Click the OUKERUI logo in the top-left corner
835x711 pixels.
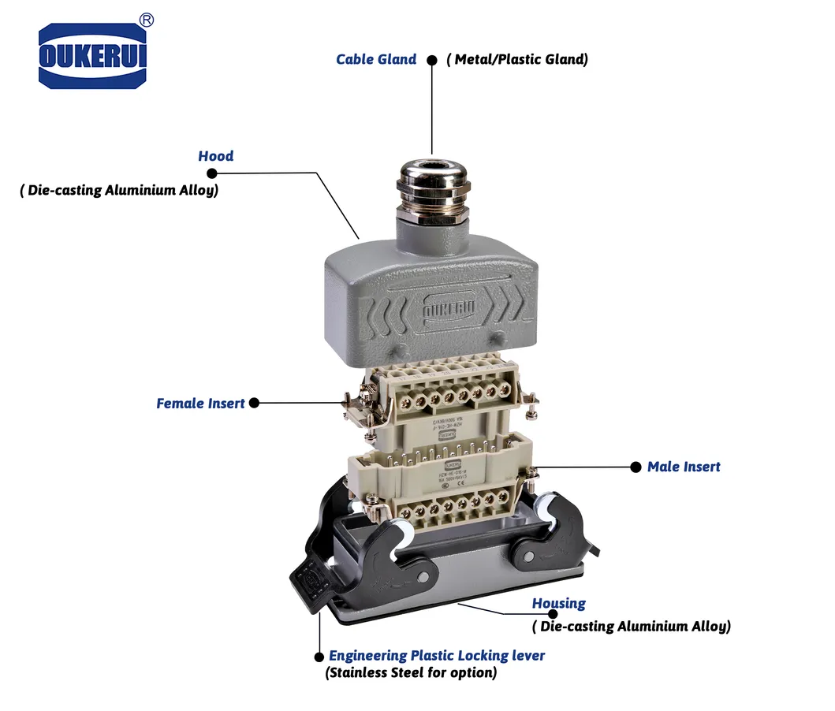(92, 56)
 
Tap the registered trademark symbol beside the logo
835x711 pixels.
(146, 19)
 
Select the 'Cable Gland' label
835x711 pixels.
(376, 59)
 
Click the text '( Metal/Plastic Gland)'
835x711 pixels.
(517, 59)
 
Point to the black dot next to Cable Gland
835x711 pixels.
(431, 60)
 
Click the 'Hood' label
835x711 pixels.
(215, 156)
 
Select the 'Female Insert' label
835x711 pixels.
(200, 404)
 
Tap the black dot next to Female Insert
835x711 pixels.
(253, 404)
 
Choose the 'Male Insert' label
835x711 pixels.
(684, 467)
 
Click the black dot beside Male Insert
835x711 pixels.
(636, 467)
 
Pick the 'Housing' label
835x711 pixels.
(558, 604)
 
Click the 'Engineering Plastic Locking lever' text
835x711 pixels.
(437, 656)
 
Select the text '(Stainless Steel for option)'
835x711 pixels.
(411, 673)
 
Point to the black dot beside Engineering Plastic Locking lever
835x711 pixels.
(319, 657)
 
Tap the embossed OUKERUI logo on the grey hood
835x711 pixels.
(447, 310)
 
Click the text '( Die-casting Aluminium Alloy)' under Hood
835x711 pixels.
(119, 191)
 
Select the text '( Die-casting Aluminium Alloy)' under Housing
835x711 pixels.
(631, 627)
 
